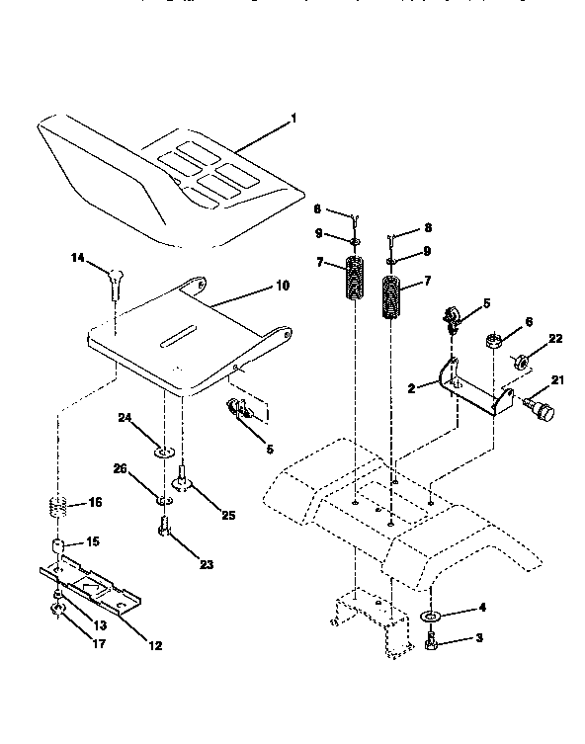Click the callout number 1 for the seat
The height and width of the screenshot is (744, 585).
point(292,121)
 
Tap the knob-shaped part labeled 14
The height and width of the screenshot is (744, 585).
point(117,286)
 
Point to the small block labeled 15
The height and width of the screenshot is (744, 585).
point(59,545)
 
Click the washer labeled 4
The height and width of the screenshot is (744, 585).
point(432,618)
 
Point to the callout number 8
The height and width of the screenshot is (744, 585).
point(427,226)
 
